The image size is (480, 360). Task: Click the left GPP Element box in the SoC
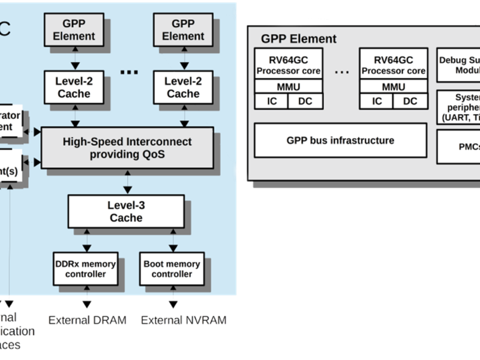point(74,29)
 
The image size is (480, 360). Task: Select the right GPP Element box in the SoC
point(182,29)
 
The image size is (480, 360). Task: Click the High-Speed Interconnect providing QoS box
point(127,148)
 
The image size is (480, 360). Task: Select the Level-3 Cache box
point(126,211)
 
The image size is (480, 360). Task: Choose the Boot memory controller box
point(172,269)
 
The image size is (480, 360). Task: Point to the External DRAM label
point(88,320)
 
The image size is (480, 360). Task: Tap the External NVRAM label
point(184,320)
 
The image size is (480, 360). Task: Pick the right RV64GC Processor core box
point(393,65)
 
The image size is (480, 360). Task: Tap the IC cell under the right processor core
point(377,101)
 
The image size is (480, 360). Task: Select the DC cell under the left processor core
point(305,101)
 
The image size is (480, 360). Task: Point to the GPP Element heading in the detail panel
point(298,40)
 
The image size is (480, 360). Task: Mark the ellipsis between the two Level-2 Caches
point(129,72)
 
